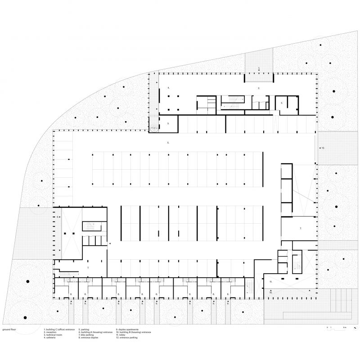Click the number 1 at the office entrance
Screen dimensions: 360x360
pos(259,68)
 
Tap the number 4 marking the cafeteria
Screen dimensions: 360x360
pos(168,88)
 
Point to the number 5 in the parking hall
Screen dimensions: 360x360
pos(168,142)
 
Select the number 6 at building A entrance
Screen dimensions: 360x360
pos(58,217)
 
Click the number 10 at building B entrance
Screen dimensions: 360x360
pos(270,292)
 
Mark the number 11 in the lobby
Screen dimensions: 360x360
pos(271,282)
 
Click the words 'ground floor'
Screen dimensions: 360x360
pos(9,330)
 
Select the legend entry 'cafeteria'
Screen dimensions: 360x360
pos(51,337)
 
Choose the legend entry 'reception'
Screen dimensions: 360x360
pos(50,332)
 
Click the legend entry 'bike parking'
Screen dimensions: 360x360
pos(88,335)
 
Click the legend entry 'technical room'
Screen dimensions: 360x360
pos(53,335)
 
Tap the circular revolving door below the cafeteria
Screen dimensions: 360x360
pos(154,128)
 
